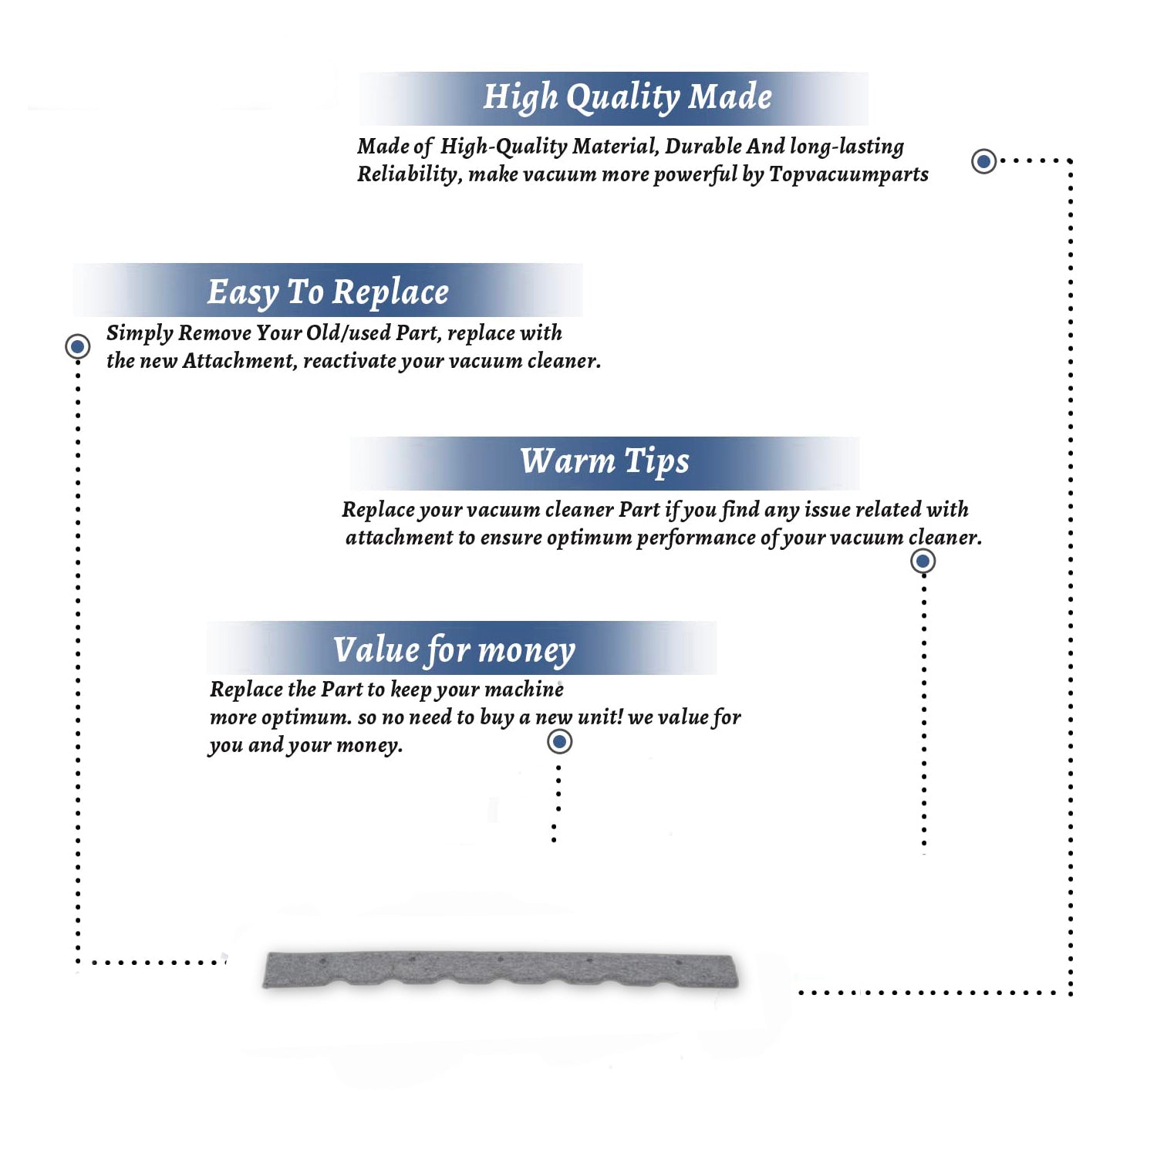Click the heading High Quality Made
[627, 98]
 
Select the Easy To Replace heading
[328, 293]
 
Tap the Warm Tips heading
[604, 462]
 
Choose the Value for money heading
[454, 650]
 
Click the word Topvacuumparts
[848, 175]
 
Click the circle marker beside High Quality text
[983, 161]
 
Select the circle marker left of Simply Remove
[77, 346]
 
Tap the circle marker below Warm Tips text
[923, 561]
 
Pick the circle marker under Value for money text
[559, 742]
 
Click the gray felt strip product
[501, 970]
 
